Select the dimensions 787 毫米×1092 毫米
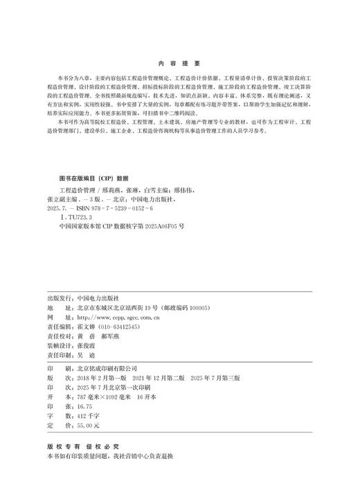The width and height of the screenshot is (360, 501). [108, 398]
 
